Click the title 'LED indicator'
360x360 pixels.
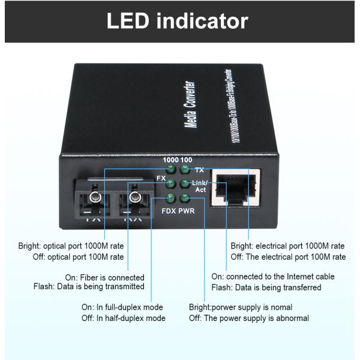(177, 21)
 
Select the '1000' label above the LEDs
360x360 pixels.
(172, 160)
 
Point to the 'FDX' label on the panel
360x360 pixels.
(169, 211)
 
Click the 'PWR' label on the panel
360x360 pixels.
(187, 211)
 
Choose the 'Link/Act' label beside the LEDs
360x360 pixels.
(200, 186)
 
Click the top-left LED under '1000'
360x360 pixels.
(170, 170)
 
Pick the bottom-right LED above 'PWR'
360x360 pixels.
(184, 198)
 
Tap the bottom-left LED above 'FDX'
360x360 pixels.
(170, 198)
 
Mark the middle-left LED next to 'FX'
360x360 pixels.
(170, 184)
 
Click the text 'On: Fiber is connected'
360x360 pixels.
(104, 278)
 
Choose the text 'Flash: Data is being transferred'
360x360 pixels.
(266, 287)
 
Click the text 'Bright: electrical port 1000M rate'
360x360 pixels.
(287, 246)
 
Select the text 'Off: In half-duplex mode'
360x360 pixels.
(123, 318)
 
